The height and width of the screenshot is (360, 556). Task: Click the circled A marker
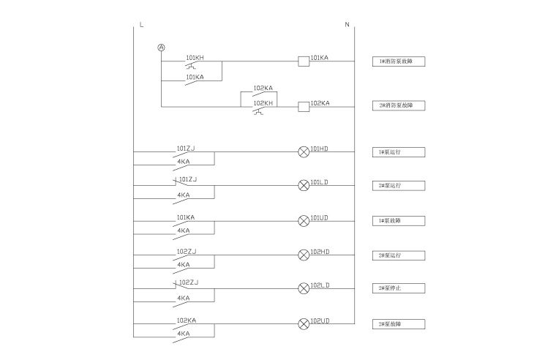162,48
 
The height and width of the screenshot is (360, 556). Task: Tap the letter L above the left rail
140,25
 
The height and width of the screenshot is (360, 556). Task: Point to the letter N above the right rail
347,25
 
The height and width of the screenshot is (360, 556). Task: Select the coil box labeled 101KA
304,61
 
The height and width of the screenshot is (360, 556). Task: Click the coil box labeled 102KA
304,107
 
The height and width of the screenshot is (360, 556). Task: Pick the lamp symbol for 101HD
304,152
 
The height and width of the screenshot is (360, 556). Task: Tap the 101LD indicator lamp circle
304,185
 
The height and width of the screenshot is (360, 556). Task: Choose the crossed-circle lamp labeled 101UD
304,221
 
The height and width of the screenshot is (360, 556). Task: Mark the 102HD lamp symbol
304,255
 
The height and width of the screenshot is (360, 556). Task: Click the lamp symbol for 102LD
304,288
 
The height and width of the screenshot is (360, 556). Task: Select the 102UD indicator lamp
304,323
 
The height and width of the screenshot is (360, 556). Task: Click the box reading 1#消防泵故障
398,61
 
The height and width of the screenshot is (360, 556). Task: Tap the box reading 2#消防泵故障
398,106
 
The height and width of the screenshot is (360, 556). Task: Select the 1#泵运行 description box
398,152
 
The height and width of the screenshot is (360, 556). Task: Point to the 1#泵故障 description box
398,220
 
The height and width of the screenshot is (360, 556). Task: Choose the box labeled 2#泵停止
398,288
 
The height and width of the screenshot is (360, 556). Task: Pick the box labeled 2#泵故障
398,323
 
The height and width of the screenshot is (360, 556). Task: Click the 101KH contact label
195,57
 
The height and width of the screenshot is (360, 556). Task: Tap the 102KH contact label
263,103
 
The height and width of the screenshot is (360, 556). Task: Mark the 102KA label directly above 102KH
263,89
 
